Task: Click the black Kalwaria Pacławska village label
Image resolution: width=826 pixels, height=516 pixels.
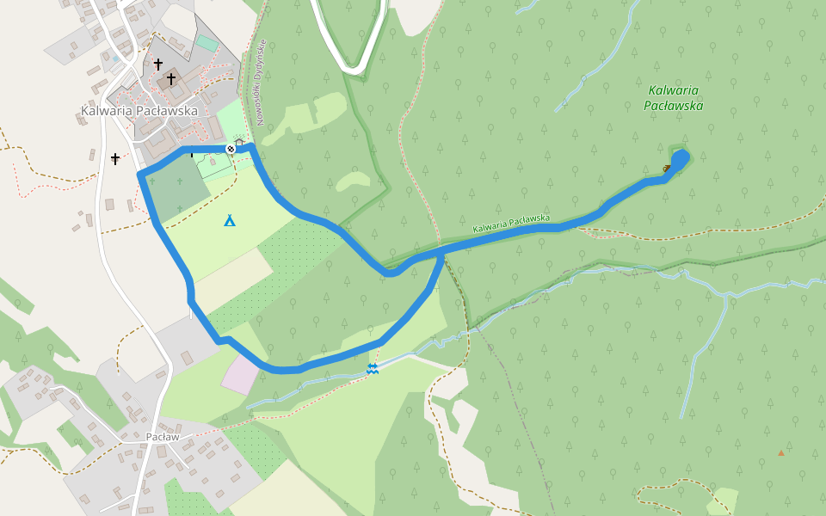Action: click(139, 111)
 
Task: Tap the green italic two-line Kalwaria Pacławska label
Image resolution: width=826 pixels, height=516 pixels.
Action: click(674, 98)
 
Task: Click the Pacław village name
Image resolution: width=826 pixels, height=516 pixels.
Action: click(162, 437)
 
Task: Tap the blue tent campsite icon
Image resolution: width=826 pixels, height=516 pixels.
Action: click(230, 221)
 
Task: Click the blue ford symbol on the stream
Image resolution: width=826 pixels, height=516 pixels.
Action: click(372, 369)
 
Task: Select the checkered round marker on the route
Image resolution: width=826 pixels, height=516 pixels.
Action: click(231, 149)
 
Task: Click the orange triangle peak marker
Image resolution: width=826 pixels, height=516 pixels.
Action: click(781, 452)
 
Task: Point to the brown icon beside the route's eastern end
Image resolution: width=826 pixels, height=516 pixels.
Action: click(667, 168)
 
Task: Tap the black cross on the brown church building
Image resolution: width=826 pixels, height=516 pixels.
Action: click(171, 79)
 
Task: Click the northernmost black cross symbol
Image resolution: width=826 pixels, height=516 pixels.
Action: click(158, 64)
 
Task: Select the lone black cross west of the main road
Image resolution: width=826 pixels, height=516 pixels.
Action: click(115, 159)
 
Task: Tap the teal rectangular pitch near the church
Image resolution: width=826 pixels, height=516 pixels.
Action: click(206, 42)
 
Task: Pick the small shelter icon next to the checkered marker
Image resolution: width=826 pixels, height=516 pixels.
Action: click(239, 143)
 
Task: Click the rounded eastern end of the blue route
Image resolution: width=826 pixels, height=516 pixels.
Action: click(682, 158)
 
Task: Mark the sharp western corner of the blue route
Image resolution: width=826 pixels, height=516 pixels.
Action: click(141, 175)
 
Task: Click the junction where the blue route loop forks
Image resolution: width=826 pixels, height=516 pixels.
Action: click(442, 253)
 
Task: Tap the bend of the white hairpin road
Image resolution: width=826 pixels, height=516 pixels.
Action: click(352, 65)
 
